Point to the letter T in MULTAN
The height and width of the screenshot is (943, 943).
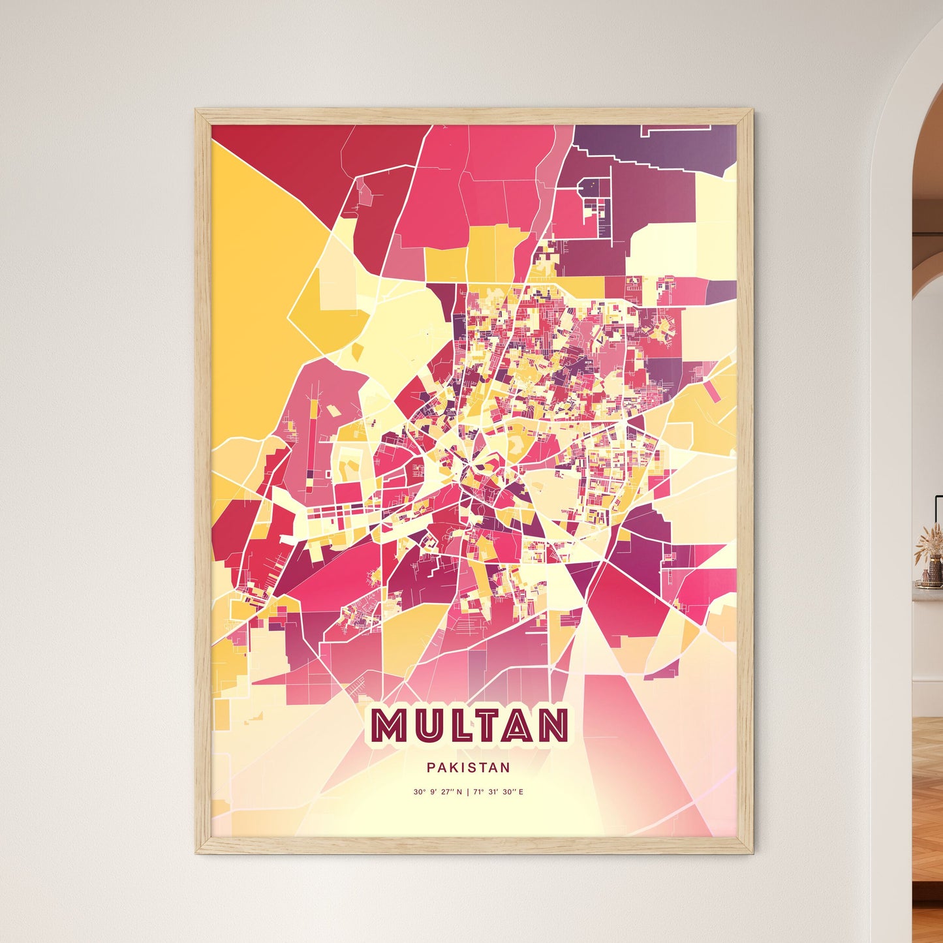[488, 726]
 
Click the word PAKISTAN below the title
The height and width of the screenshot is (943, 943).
[469, 768]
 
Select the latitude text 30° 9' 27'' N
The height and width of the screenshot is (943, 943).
[437, 792]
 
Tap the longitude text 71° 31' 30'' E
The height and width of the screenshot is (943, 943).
[499, 792]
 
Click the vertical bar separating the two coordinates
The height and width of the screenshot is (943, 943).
[468, 792]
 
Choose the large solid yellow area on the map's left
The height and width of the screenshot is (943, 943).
[255, 274]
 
